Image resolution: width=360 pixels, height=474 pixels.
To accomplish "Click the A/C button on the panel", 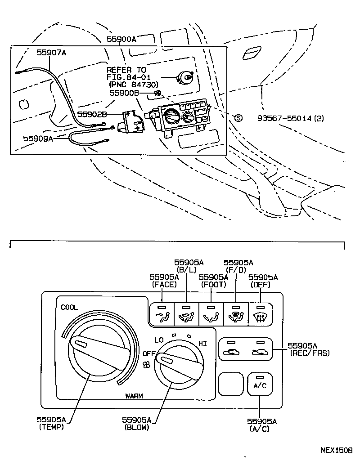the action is [x=260, y=384].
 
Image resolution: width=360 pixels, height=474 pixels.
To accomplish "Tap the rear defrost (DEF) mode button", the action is [x=261, y=314].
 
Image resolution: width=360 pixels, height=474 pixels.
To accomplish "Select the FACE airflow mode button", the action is [x=162, y=314].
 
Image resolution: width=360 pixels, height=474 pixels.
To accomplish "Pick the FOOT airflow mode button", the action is [x=211, y=314].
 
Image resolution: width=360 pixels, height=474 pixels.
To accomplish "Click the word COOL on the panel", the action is [x=69, y=308].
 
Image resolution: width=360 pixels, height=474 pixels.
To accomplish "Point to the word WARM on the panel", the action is [x=134, y=396].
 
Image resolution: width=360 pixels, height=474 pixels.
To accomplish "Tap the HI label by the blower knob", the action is [x=202, y=344].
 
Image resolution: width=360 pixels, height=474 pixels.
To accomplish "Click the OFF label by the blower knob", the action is [x=149, y=353].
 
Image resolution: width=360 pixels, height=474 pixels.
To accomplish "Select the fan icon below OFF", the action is [x=147, y=365].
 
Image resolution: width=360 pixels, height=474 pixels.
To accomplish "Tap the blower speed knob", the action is [x=179, y=366].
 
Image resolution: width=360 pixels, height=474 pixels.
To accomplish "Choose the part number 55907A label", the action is [x=51, y=53].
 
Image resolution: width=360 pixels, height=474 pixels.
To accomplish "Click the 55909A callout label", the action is [x=38, y=139].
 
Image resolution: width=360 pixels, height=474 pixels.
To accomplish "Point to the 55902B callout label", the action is [x=92, y=114].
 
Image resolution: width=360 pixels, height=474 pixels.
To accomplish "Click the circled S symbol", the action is [x=238, y=118].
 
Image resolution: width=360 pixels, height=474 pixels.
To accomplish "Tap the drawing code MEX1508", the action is [x=337, y=450].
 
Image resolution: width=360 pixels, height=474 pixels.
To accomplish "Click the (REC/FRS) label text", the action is [x=310, y=353].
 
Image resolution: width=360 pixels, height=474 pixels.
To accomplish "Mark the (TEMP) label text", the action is [x=51, y=427].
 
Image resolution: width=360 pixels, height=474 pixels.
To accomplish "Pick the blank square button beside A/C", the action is [x=231, y=384].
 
